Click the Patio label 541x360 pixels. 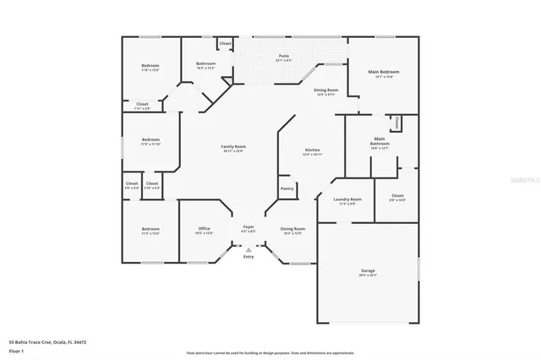point(284,56)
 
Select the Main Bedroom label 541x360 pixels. point(384,73)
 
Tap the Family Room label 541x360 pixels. point(233,147)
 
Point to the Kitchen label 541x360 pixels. point(313,150)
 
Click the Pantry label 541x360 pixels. point(286,188)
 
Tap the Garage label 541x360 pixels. point(368,270)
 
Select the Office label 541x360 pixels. point(205,228)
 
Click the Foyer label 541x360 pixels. point(249,226)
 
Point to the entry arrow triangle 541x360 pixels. point(249,250)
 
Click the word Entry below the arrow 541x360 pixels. point(249,257)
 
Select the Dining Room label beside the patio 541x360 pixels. point(326,90)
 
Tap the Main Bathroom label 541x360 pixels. point(380,141)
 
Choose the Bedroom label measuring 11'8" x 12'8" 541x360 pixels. point(150,71)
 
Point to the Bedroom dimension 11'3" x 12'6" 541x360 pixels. point(150,233)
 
